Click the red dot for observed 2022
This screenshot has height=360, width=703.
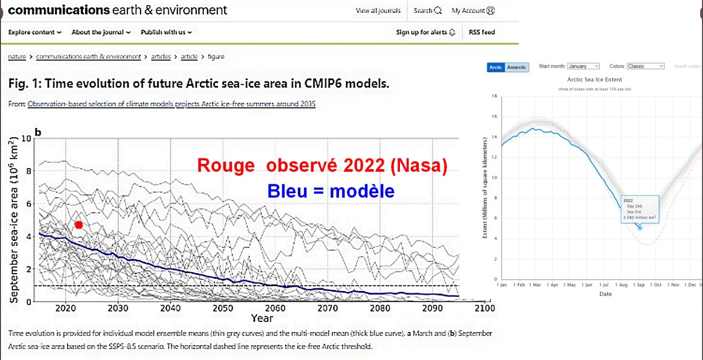tap(78, 225)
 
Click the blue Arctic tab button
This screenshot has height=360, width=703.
tap(495, 68)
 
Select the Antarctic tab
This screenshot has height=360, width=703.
tap(516, 68)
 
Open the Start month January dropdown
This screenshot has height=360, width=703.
tap(583, 66)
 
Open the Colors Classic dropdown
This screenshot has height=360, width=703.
tap(645, 66)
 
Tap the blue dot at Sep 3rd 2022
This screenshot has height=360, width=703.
tap(640, 228)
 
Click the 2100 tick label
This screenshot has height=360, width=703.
tap(484, 308)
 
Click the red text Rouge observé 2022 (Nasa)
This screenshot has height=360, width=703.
tap(321, 166)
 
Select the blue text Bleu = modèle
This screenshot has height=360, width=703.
tap(330, 190)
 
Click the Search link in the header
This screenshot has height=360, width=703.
tap(427, 10)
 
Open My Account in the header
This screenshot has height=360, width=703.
tap(473, 10)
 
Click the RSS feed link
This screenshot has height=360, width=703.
tap(482, 32)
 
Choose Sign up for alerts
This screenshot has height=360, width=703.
tap(425, 32)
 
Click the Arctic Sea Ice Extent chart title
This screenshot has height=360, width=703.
tap(594, 79)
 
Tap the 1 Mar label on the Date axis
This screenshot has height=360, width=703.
tap(536, 285)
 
